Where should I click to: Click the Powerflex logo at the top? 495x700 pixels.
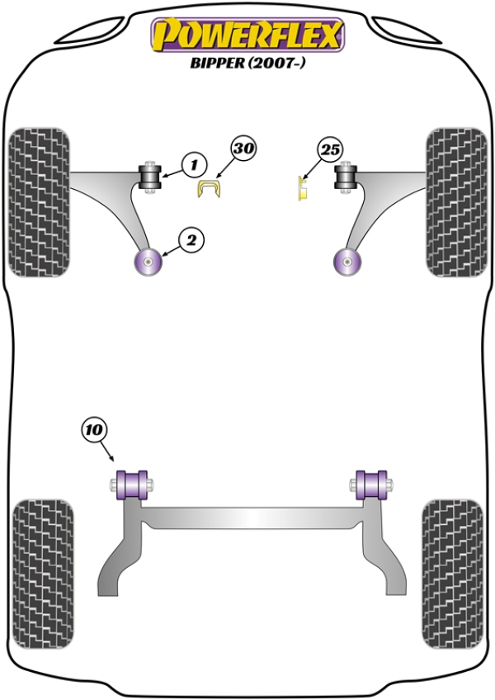pyautogui.click(x=247, y=34)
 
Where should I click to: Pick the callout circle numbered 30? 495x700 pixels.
pyautogui.click(x=244, y=149)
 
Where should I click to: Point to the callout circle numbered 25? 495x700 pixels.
pyautogui.click(x=330, y=150)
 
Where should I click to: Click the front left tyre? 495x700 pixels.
pyautogui.click(x=39, y=202)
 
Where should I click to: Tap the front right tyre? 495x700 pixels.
pyautogui.click(x=455, y=202)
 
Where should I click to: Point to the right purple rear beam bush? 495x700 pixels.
pyautogui.click(x=372, y=484)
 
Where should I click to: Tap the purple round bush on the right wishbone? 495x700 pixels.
pyautogui.click(x=347, y=262)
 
